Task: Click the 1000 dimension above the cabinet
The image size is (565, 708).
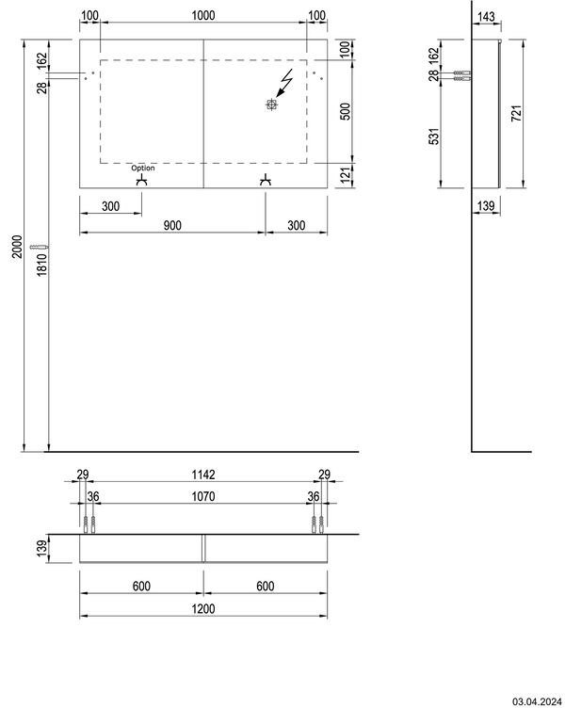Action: pos(203,15)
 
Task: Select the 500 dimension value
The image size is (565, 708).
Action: pos(345,111)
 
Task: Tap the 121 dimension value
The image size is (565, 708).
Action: pos(345,174)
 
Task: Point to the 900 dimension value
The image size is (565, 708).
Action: pos(171,224)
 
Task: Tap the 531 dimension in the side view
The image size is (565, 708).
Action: pos(435,137)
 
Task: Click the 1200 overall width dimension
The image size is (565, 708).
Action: pos(203,609)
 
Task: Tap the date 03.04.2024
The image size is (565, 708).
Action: pos(537,700)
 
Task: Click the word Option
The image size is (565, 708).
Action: pos(143,168)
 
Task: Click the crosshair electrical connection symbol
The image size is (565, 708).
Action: pos(272,105)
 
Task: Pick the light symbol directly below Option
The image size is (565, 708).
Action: pos(143,181)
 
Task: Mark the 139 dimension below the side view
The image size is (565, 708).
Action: pos(487,205)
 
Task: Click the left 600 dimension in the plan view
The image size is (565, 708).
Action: pos(141,585)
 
